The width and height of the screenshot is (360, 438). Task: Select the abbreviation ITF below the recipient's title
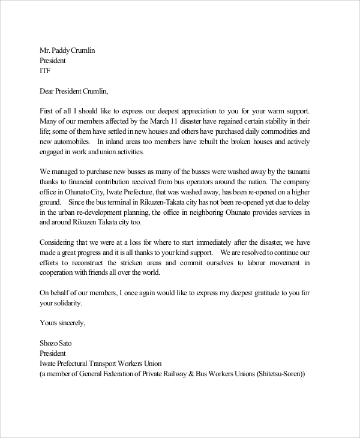(x=45, y=71)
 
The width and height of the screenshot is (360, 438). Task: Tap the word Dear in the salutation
(x=49, y=92)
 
